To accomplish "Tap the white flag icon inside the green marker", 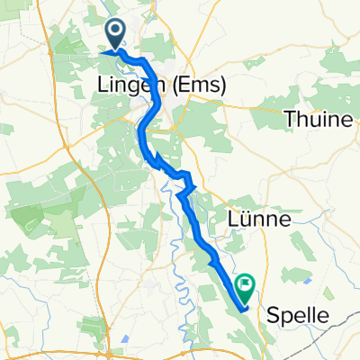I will pos(245,283).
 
